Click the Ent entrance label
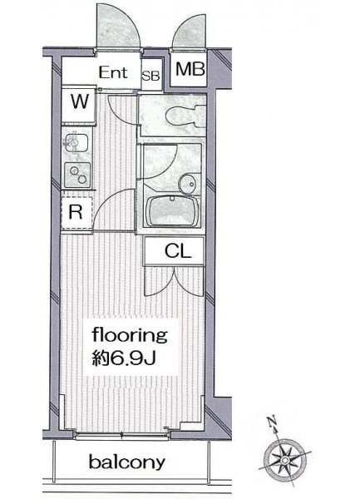113,72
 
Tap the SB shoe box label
150,76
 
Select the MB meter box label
190,69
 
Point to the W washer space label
79,101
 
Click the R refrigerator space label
76,212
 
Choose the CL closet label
178,251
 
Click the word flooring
130,336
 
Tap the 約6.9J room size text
123,358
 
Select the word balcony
127,462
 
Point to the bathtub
172,210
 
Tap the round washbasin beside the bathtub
190,184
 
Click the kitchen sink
76,144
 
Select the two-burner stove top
77,175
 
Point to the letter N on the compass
271,422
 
